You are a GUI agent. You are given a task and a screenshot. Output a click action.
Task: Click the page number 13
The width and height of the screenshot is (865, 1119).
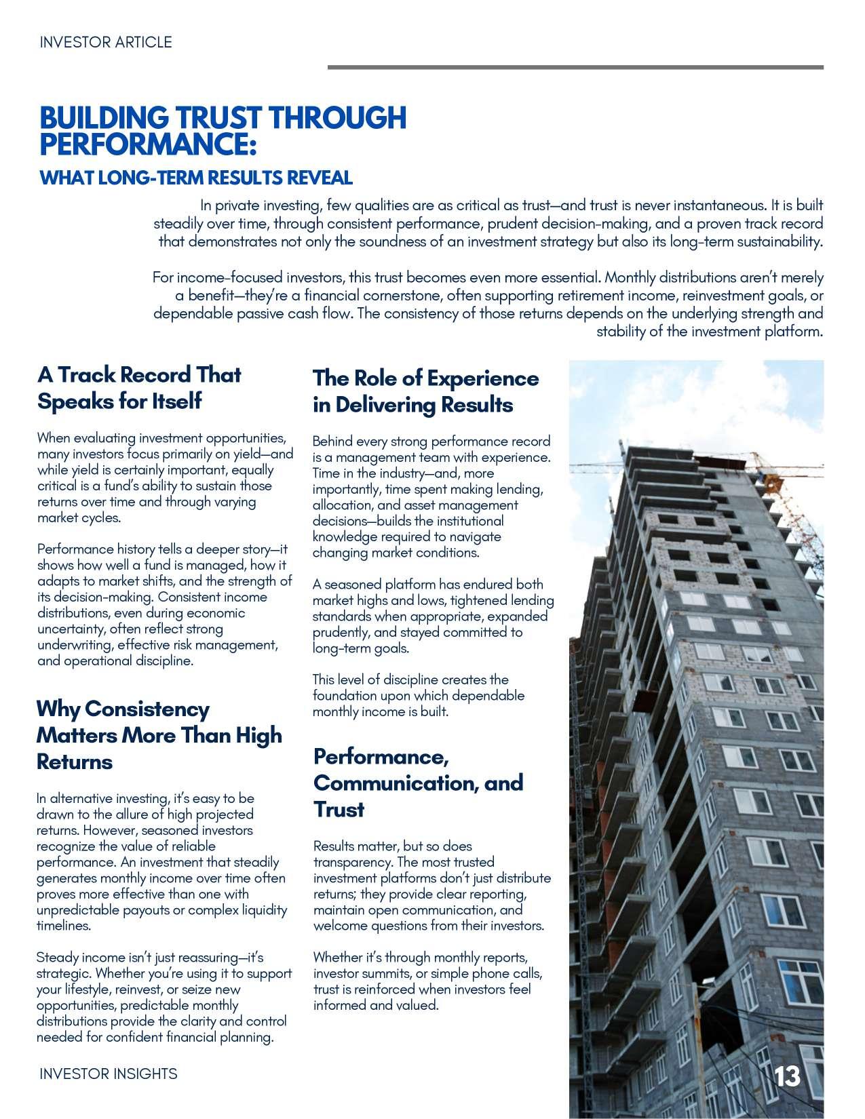click(x=787, y=1076)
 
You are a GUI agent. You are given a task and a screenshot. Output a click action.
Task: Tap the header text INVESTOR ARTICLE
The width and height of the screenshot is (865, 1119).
click(x=106, y=42)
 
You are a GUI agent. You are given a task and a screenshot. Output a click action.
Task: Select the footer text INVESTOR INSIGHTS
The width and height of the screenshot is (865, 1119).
click(x=109, y=1074)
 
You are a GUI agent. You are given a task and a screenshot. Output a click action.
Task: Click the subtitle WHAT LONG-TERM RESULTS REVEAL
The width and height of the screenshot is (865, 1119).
click(x=196, y=178)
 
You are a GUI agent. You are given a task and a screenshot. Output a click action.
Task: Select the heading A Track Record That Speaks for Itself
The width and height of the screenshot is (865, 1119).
click(x=139, y=387)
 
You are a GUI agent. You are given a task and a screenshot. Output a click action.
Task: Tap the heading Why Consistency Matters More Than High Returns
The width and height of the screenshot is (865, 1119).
click(x=159, y=735)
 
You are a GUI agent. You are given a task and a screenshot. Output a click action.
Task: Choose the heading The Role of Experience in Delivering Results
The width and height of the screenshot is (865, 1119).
click(x=425, y=391)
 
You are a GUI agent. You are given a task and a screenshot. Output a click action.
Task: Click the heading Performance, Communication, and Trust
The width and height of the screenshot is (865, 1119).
click(x=418, y=783)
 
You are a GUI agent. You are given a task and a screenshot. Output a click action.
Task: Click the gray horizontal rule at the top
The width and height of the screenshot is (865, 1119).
click(x=575, y=67)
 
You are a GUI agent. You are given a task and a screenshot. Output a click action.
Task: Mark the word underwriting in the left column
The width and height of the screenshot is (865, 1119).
click(x=74, y=645)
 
